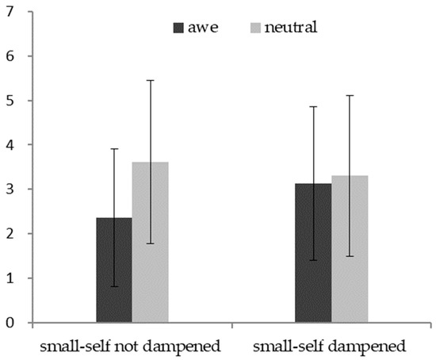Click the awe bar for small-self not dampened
(x=114, y=270)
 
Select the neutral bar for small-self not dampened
(x=150, y=242)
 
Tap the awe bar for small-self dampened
(x=313, y=253)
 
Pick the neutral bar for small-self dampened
(x=350, y=249)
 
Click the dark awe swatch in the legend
(x=180, y=29)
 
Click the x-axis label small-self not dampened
(x=132, y=347)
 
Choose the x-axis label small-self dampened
(x=331, y=347)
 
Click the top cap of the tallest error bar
(x=150, y=80)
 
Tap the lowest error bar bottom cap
(x=114, y=286)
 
